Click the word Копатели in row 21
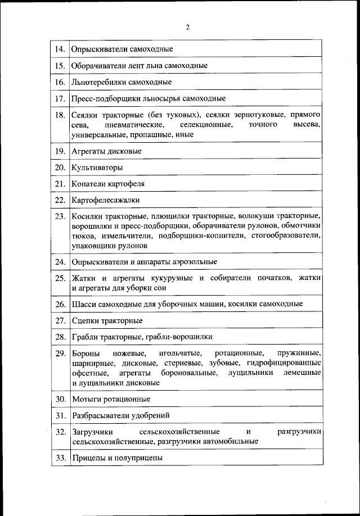pos(87,184)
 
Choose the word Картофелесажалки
pos(105,200)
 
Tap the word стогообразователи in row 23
pos(286,236)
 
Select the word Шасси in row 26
pos(83,304)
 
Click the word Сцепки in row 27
pos(84,320)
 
